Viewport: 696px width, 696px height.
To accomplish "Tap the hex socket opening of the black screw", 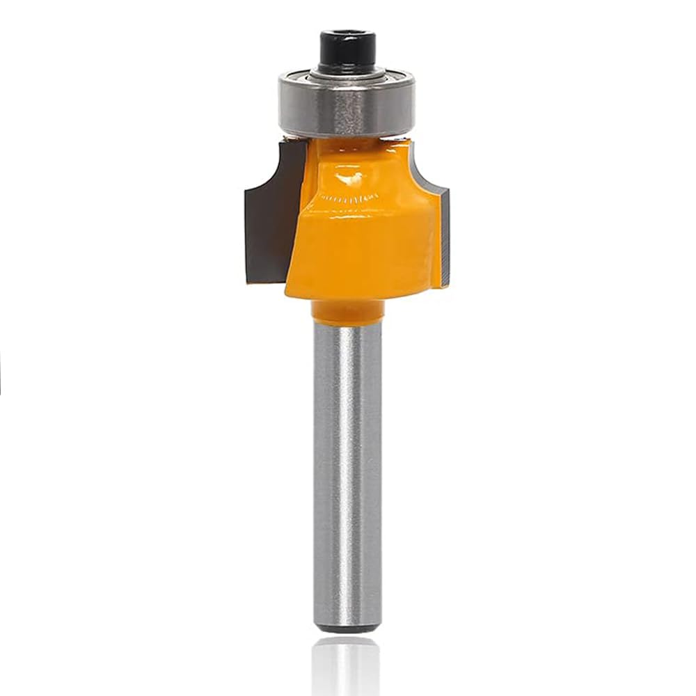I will [347, 35].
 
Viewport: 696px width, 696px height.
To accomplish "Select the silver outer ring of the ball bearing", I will [347, 111].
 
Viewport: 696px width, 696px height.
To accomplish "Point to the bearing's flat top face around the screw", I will [376, 75].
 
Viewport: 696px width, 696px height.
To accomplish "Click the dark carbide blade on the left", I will [268, 223].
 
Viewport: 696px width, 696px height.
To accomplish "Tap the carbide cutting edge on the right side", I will [445, 237].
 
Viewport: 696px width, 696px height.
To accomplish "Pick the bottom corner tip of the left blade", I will [248, 280].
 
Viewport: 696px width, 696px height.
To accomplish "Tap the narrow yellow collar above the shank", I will [347, 310].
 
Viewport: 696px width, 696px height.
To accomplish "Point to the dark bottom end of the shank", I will [347, 628].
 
